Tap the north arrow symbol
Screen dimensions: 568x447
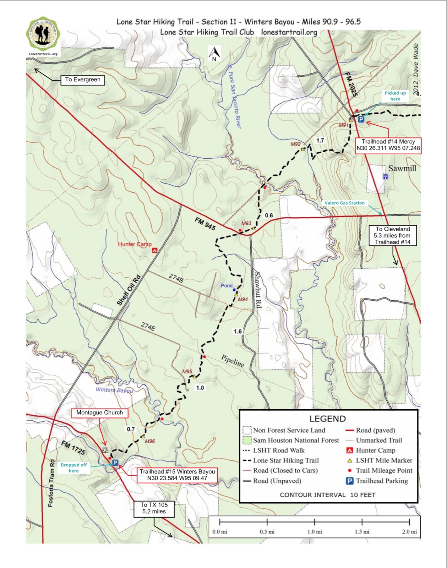(x=214, y=54)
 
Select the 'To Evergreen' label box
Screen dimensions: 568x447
(x=83, y=80)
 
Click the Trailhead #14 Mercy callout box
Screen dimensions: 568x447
(x=388, y=145)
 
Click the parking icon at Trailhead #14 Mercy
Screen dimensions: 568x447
(x=361, y=120)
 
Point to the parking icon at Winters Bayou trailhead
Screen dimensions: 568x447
(x=115, y=463)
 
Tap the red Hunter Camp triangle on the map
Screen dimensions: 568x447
(x=155, y=251)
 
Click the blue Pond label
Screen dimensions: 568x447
(x=226, y=285)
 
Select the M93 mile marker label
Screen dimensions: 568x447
(x=246, y=223)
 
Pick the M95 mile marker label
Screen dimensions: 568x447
(x=187, y=371)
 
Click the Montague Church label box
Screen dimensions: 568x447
(x=99, y=413)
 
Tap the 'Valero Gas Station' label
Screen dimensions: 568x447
(x=345, y=203)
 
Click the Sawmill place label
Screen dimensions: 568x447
(x=402, y=168)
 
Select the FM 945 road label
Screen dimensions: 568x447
(x=205, y=224)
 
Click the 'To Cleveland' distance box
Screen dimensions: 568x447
(x=393, y=236)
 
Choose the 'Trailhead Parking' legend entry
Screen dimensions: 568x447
(x=381, y=481)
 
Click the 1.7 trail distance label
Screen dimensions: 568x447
(x=320, y=141)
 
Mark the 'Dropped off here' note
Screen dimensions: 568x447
(x=74, y=468)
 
